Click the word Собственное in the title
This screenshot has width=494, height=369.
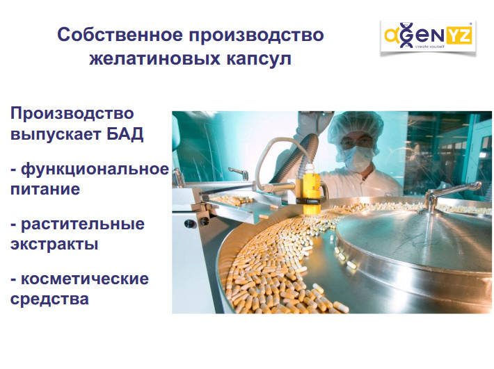pos(120,35)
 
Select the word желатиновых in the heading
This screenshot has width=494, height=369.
pos(154,59)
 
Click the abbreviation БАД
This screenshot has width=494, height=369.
pos(125,134)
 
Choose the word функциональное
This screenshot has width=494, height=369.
pos(95,170)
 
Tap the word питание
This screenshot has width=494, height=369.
pos(45,190)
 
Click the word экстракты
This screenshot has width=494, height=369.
pos(54,245)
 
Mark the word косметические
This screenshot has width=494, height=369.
pos(84,279)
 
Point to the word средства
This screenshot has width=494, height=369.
pos(49,300)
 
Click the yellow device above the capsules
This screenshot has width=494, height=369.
pos(312,192)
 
